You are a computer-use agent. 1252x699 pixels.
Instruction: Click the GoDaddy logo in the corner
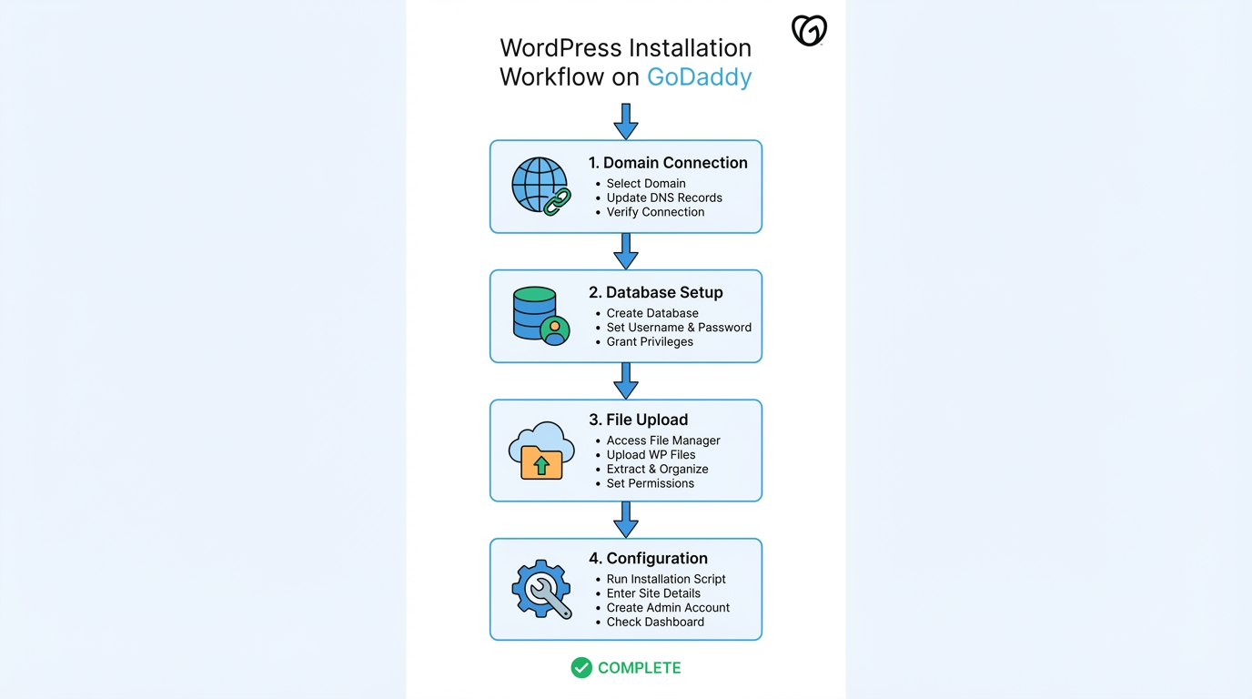point(809,30)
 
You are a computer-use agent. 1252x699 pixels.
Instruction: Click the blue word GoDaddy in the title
point(699,76)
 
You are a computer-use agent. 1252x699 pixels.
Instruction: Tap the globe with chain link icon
point(540,186)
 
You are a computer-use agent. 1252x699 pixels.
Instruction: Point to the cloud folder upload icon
point(541,451)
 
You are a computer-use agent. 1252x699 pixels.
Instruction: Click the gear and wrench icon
point(541,589)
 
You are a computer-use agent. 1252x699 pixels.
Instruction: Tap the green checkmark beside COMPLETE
point(581,668)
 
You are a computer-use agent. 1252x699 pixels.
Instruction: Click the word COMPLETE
point(639,668)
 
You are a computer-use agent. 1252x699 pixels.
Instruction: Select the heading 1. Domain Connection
point(668,163)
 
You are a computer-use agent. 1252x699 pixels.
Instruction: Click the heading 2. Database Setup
point(655,292)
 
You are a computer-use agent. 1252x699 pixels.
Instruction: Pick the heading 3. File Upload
point(638,420)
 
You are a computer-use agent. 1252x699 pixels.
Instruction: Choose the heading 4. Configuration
point(648,558)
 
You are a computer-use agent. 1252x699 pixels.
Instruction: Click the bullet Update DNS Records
point(664,198)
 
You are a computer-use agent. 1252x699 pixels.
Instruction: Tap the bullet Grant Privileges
point(650,341)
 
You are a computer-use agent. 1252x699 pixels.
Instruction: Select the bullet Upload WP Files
point(651,454)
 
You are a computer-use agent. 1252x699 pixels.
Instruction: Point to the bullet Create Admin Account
point(668,607)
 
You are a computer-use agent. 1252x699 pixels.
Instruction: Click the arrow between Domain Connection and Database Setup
point(626,251)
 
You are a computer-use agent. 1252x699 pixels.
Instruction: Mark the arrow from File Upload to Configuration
point(626,520)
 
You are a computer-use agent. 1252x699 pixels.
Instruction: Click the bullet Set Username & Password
point(679,327)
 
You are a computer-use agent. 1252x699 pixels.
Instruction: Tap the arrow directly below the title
point(626,121)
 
